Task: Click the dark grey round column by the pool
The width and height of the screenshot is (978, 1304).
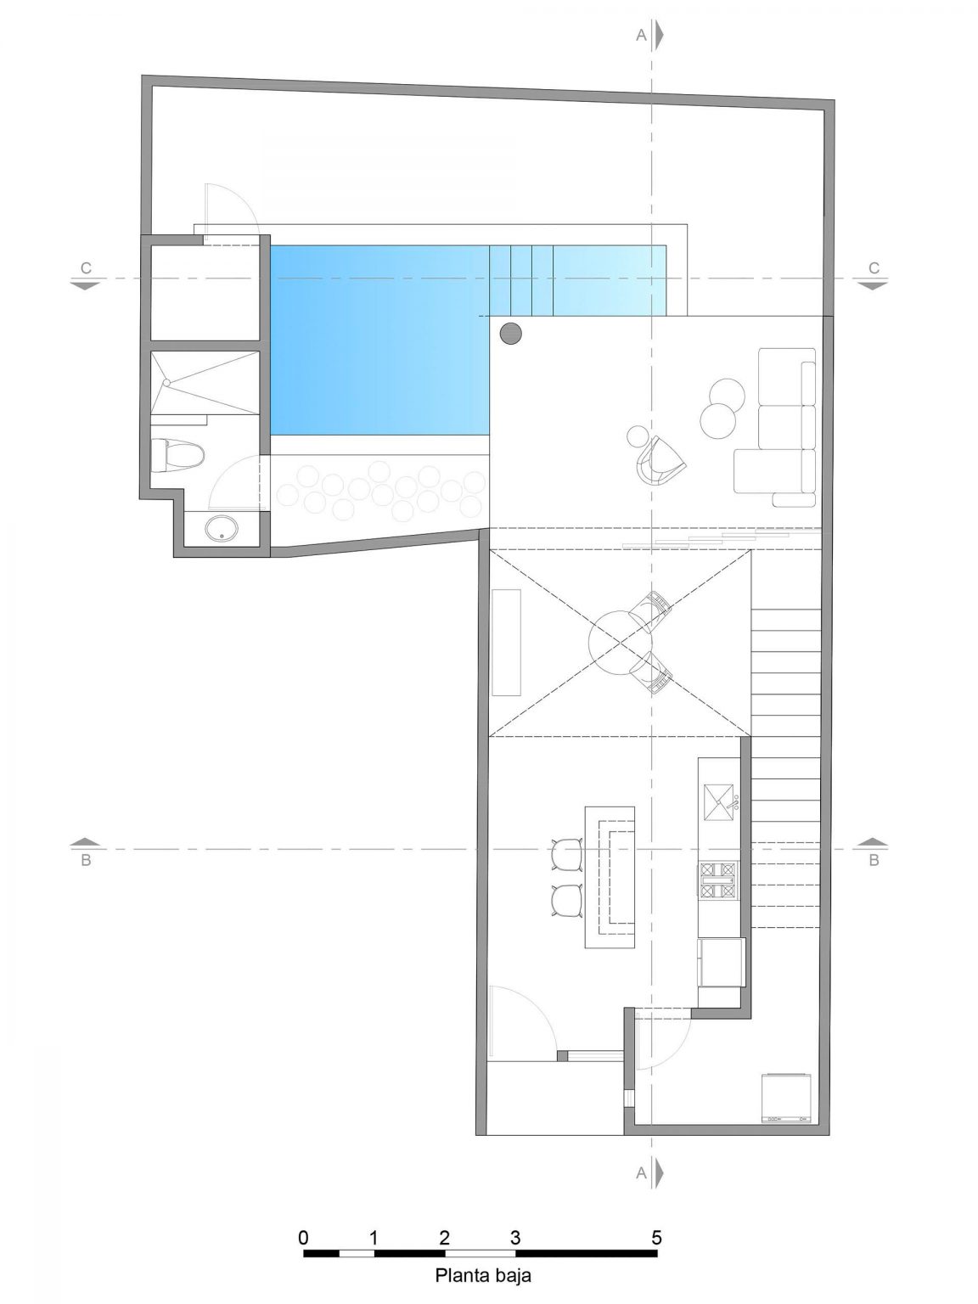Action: coord(510,334)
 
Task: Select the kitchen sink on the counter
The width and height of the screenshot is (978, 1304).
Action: coord(718,799)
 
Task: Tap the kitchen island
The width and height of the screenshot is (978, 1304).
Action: coord(609,877)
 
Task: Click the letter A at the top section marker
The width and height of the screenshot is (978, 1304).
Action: coord(642,35)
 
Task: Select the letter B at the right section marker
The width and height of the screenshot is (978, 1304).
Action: coord(874,860)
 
